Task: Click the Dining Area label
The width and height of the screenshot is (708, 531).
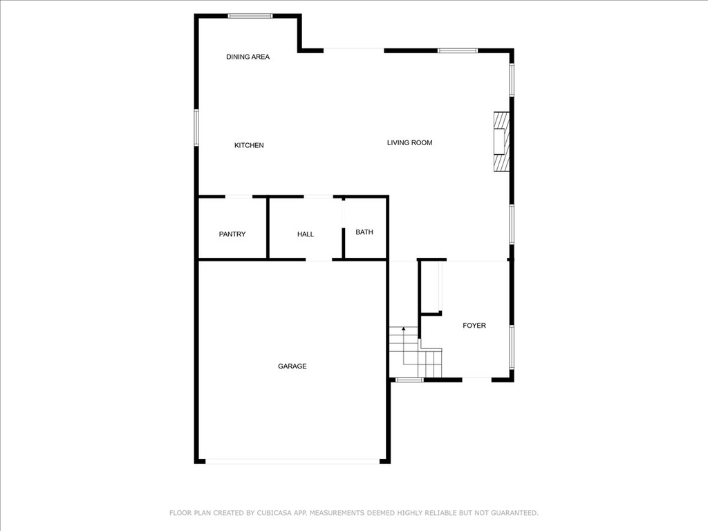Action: click(248, 57)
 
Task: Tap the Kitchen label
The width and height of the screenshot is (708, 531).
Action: click(249, 145)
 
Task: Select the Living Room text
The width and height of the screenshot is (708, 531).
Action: click(409, 142)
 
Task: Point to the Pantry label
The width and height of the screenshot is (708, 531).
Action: click(232, 234)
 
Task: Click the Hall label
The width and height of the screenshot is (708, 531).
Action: click(305, 234)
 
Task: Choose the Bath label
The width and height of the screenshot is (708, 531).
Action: click(364, 232)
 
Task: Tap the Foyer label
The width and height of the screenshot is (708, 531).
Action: click(474, 326)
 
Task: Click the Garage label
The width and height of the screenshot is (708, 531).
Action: click(292, 366)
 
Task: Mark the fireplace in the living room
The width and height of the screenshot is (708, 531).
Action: click(501, 142)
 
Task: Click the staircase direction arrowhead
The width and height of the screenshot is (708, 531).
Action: click(404, 328)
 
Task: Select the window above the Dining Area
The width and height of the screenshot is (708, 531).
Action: click(250, 17)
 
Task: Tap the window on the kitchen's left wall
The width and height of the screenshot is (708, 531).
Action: click(196, 127)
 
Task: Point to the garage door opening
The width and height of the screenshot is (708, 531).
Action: click(292, 461)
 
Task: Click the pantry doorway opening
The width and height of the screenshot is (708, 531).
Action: click(239, 197)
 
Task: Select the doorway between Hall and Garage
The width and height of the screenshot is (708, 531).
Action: click(319, 260)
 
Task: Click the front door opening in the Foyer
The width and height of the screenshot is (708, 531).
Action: click(477, 380)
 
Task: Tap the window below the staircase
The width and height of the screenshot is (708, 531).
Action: click(409, 380)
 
